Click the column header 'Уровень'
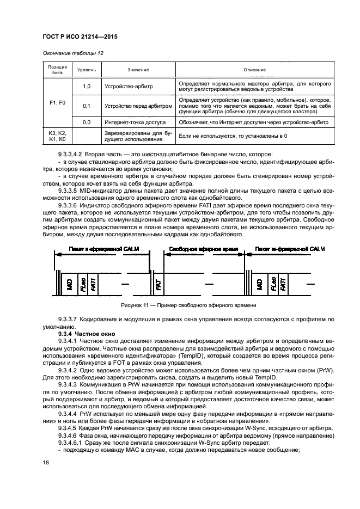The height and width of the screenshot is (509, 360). click(86, 70)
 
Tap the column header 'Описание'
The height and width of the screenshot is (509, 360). click(254, 70)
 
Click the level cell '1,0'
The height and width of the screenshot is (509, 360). click(86, 87)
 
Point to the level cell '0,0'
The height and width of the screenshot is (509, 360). click(86, 123)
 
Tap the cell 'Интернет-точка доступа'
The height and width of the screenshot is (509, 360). click(135, 123)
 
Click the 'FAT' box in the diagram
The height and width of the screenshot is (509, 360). click(158, 284)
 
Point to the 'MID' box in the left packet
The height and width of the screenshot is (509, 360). click(69, 284)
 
